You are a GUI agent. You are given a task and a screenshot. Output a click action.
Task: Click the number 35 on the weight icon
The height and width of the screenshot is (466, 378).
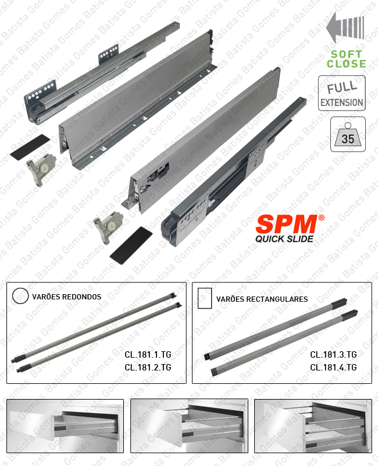coord(348,139)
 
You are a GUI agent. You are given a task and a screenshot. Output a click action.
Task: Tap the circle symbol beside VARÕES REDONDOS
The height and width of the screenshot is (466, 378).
coord(20,296)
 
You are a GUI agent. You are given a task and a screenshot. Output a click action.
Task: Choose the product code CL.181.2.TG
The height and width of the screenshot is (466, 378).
coord(148,368)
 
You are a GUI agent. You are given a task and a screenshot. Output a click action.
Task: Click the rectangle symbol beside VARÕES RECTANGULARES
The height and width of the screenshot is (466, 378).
coord(204,298)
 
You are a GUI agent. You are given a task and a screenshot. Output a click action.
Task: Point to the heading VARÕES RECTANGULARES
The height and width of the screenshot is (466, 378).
coord(262,299)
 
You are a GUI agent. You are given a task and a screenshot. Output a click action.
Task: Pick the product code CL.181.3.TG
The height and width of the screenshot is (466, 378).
coord(333,354)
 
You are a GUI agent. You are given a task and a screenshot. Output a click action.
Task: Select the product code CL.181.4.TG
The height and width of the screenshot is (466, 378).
coord(333,367)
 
